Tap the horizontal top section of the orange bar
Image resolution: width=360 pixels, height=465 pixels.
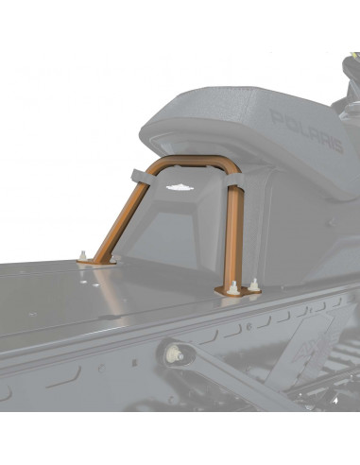(x=194, y=168)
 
